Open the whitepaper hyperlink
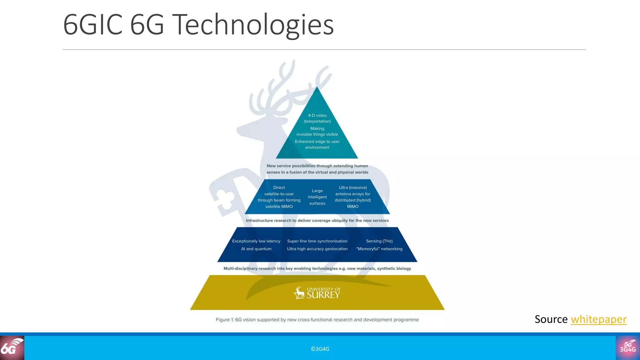point(598,319)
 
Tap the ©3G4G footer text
point(320,349)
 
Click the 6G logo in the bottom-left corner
point(12,348)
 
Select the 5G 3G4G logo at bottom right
point(628,348)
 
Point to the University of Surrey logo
point(317,293)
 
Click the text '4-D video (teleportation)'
point(317,118)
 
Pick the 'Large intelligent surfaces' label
point(317,197)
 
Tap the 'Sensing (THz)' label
point(379,241)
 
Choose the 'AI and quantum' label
point(256,249)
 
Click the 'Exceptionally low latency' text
point(256,241)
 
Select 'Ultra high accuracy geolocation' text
point(317,249)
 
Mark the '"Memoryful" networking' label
point(379,249)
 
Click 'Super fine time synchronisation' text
point(317,241)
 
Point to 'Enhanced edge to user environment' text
point(317,144)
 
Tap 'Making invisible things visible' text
point(317,132)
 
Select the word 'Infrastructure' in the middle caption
point(259,221)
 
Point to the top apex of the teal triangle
point(317,87)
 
